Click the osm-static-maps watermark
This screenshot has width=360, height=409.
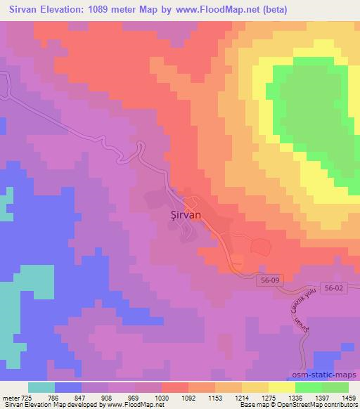click(321, 377)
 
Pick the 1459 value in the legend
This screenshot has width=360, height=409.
click(348, 397)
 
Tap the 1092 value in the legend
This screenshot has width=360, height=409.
click(188, 397)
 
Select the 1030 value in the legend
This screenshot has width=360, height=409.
click(162, 397)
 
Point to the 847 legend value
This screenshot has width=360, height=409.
click(82, 397)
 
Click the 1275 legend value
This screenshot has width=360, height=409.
click(269, 397)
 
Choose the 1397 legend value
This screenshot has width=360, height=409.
click(321, 397)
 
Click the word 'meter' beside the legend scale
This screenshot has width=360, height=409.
click(11, 397)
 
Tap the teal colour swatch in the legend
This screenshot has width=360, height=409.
click(41, 387)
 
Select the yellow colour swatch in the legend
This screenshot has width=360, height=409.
click(281, 387)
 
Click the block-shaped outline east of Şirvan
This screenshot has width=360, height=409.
click(261, 246)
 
